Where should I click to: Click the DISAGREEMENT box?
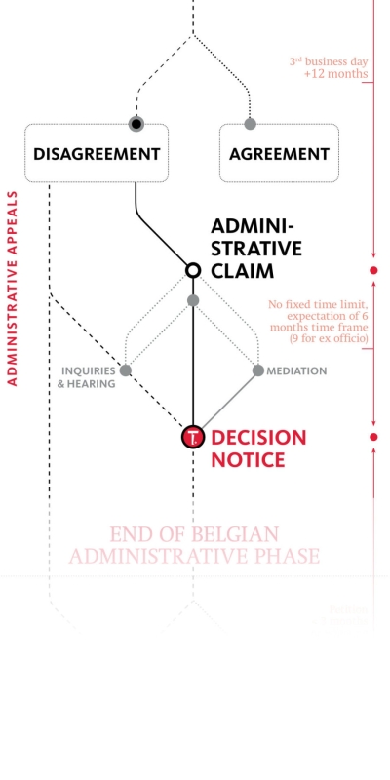[x=96, y=153]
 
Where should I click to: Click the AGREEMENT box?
[x=279, y=153]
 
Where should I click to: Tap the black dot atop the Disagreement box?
[x=136, y=124]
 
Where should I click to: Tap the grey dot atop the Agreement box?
[x=250, y=124]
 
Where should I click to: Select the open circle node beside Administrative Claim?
[x=193, y=269]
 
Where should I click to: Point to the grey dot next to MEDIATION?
[x=258, y=370]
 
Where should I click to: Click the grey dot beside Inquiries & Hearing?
[x=126, y=370]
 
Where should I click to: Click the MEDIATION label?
[x=296, y=371]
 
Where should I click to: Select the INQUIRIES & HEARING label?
[x=88, y=377]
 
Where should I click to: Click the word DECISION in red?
[x=258, y=438]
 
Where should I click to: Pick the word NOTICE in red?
[x=249, y=460]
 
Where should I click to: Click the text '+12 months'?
[x=335, y=74]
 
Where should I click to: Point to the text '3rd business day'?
[x=328, y=60]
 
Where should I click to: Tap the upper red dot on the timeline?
[x=373, y=270]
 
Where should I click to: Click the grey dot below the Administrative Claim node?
[x=193, y=300]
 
